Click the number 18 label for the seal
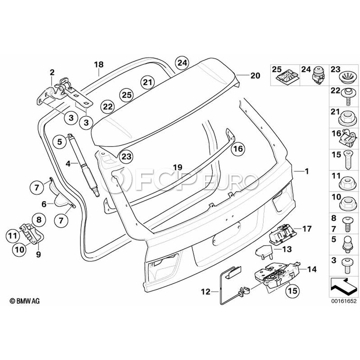coord(99,64)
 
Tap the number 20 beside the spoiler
coord(255,76)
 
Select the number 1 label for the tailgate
coord(306,171)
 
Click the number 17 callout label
coord(307,229)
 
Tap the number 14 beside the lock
coord(312,270)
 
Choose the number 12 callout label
coord(205,292)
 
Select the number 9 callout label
coord(38,254)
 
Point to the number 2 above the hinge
coord(52,72)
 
